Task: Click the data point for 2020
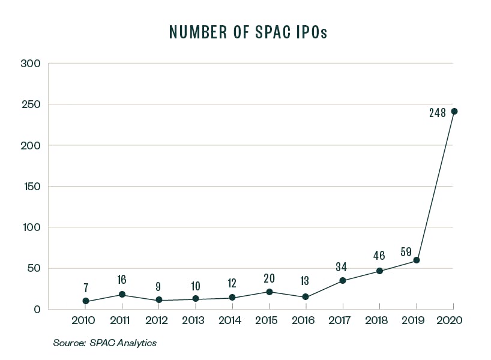pos(454,111)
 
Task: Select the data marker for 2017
pos(342,281)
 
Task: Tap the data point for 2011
pos(122,295)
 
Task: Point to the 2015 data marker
pos(269,292)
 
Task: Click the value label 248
pos(437,112)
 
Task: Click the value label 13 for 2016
pos(305,280)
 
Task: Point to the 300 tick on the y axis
pos(29,64)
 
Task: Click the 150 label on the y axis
pos(30,187)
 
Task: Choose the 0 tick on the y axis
pos(37,310)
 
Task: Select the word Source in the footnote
pos(68,343)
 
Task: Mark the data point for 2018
pos(379,271)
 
